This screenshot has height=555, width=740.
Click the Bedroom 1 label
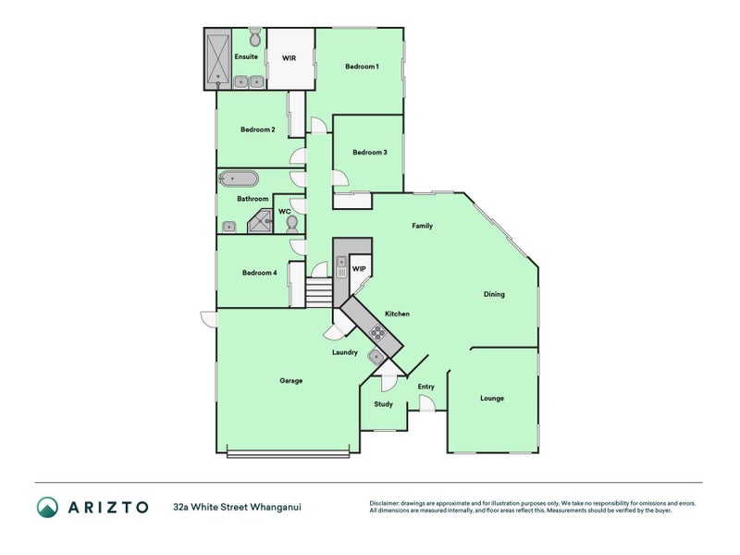[x=362, y=67]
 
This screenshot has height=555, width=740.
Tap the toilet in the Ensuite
[x=255, y=36]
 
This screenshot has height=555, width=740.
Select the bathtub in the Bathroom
[x=239, y=179]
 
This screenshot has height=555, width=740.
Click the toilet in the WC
[x=292, y=224]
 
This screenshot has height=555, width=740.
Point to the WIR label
[x=289, y=58]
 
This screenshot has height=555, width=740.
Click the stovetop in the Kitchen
[x=378, y=333]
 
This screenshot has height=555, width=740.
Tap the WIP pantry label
[x=359, y=269]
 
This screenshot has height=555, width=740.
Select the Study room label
[x=383, y=404]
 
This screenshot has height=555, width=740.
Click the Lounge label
[x=492, y=399]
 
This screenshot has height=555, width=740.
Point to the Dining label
[x=494, y=294]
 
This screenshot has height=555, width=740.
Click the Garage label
[x=290, y=381]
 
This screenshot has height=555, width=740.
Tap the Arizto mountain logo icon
[x=48, y=507]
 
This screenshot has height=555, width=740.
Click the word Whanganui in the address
[x=276, y=507]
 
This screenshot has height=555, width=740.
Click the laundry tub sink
[x=376, y=356]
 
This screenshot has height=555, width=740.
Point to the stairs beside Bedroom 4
[x=319, y=292]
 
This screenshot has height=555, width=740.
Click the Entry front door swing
[x=427, y=403]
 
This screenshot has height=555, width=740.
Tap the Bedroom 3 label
[x=370, y=153]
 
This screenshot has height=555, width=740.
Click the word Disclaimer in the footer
[x=384, y=503]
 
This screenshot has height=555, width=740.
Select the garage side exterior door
[x=209, y=319]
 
